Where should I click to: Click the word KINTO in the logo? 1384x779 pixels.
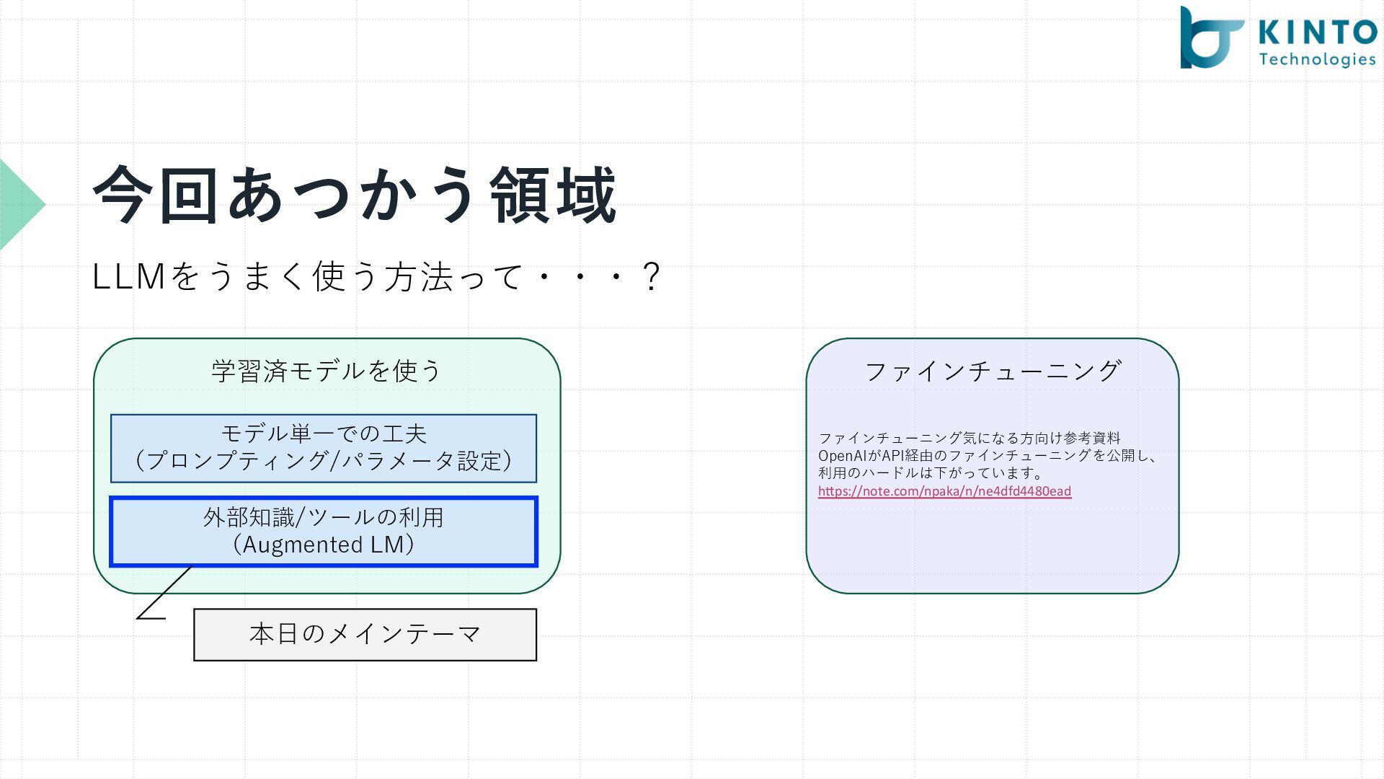coord(1318,32)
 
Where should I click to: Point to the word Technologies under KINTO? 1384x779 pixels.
coord(1318,59)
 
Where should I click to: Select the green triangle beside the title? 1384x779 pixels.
coord(20,205)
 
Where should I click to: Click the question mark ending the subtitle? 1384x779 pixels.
coord(651,277)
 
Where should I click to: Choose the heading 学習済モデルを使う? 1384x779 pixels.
coord(327,371)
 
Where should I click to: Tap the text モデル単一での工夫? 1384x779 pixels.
coord(324,433)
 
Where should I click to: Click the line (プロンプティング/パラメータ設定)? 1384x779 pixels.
coord(324,461)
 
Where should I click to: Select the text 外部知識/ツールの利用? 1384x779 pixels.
coord(324,517)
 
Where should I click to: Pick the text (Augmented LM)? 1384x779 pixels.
coord(324,545)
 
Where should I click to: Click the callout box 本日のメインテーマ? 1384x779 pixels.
coord(365,634)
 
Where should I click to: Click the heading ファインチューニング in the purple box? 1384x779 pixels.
coord(992,371)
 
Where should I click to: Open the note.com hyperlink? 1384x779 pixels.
coord(944,491)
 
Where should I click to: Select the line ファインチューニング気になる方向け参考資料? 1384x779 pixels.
coord(970,438)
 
